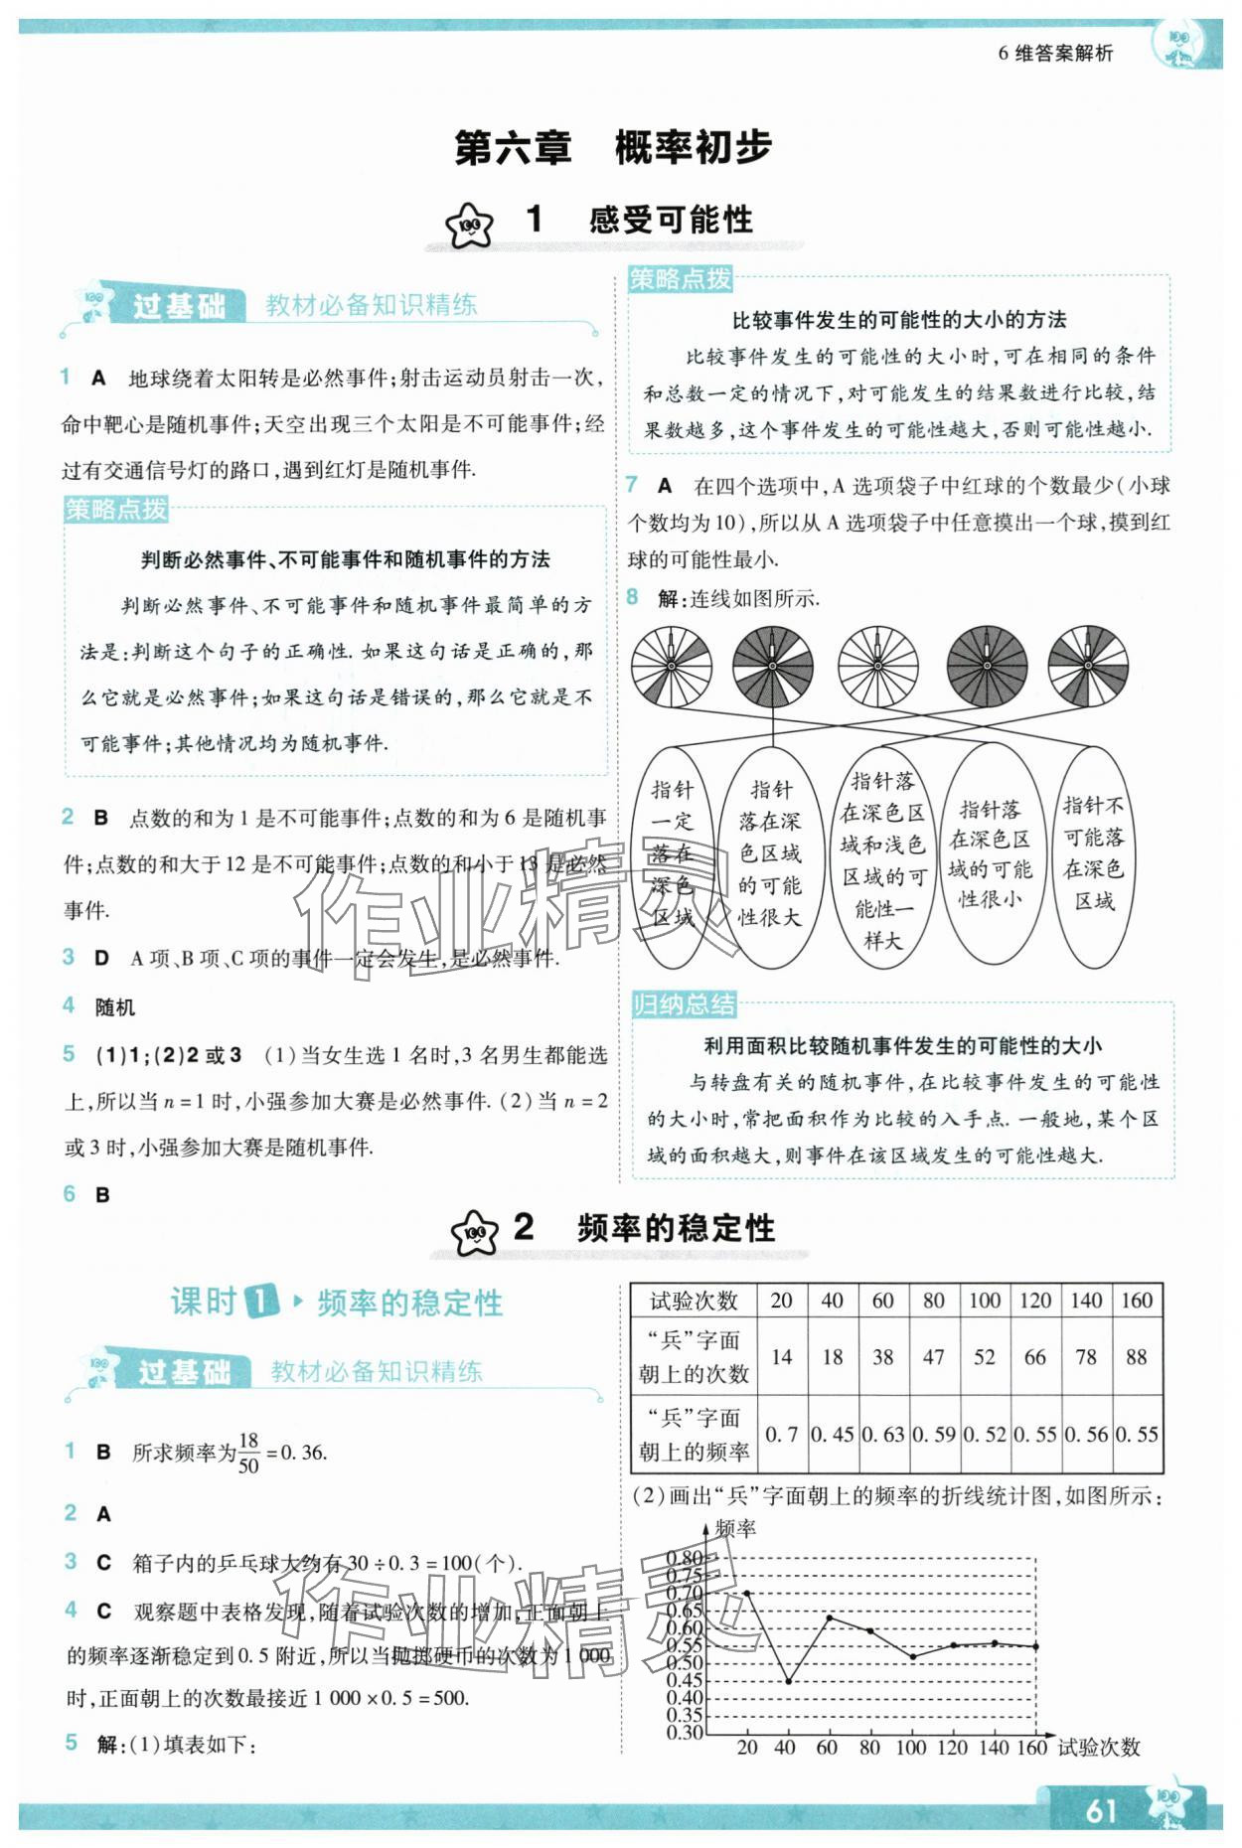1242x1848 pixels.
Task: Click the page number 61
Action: [x=1100, y=1810]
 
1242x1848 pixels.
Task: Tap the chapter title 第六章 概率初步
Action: [x=612, y=147]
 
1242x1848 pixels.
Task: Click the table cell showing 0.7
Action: [x=781, y=1435]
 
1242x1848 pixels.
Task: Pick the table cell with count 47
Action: [x=933, y=1357]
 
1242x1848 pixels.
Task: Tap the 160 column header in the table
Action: [x=1136, y=1301]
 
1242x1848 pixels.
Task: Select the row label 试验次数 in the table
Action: [x=694, y=1301]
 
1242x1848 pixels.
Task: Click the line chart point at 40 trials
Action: [x=789, y=1681]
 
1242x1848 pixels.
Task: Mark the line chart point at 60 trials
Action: [x=831, y=1617]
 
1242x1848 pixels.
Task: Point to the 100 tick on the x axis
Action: [x=910, y=1748]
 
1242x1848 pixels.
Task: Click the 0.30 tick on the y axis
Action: [x=684, y=1732]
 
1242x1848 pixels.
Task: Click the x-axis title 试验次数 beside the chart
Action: [x=1098, y=1748]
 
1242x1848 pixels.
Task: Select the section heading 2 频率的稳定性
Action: [x=643, y=1228]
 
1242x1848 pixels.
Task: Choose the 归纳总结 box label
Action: [x=685, y=1004]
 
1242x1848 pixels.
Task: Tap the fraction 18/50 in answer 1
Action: [x=248, y=1453]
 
